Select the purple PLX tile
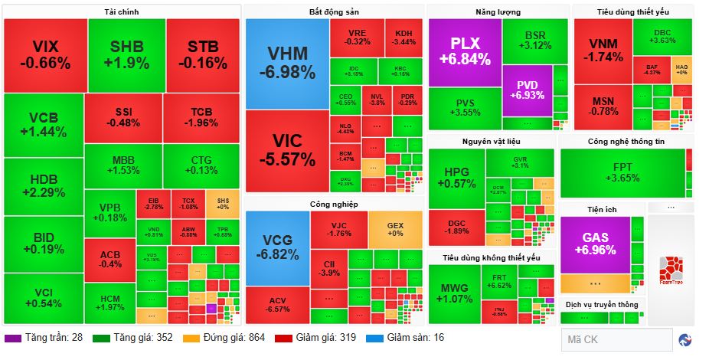click(x=465, y=51)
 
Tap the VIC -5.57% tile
click(x=286, y=149)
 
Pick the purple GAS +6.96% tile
click(x=595, y=244)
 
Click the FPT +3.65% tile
click(x=622, y=172)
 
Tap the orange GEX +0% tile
click(x=395, y=227)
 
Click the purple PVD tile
click(x=527, y=90)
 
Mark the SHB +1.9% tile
click(x=126, y=54)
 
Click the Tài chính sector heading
click(x=121, y=11)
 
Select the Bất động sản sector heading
click(x=334, y=11)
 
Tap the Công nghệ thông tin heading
click(x=626, y=142)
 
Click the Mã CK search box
click(x=616, y=339)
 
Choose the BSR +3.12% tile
click(x=534, y=41)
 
